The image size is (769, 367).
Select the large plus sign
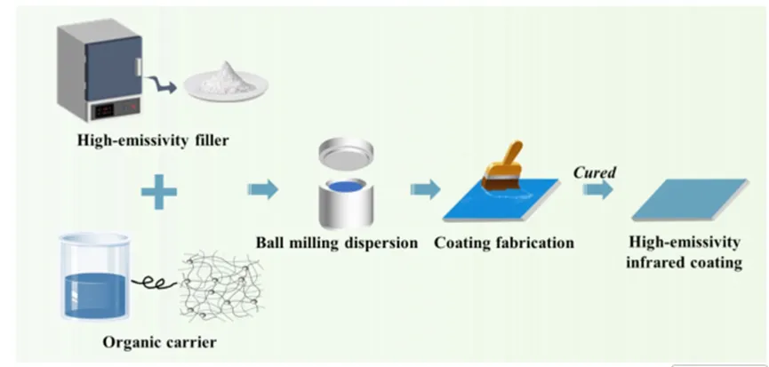coord(161,190)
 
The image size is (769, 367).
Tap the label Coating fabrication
coord(504,242)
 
